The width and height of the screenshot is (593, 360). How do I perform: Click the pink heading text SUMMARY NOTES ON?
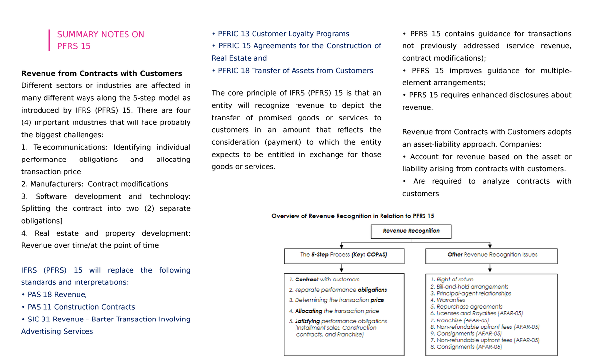point(101,34)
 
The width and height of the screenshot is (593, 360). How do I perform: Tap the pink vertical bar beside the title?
point(50,40)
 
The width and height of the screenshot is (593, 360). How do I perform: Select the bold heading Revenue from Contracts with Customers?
point(101,74)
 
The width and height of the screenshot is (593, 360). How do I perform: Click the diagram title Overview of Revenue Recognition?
point(353,216)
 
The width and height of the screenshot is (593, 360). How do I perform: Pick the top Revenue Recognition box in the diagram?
point(411,231)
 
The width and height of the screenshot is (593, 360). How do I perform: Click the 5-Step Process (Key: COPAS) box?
point(344,255)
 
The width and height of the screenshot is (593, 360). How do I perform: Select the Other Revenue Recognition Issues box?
point(492,255)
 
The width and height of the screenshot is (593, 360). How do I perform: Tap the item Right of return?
point(448,280)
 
